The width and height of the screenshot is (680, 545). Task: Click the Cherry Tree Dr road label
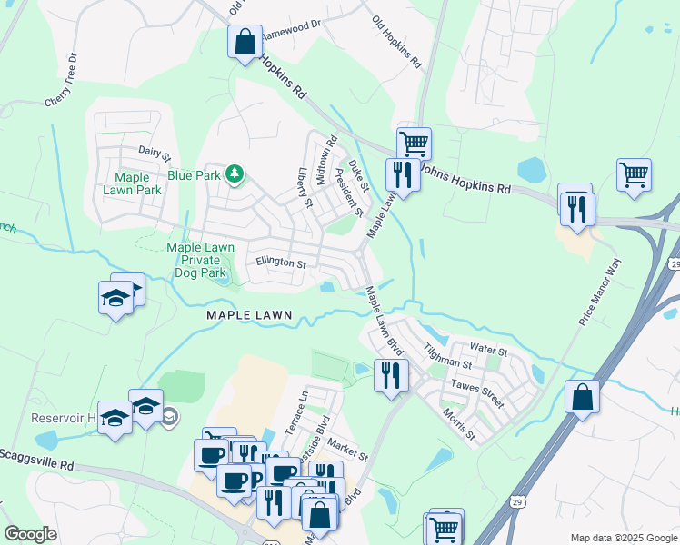[x=62, y=81]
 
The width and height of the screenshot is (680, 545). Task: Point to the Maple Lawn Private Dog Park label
[x=201, y=259]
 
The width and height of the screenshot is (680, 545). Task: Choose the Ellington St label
[x=281, y=263]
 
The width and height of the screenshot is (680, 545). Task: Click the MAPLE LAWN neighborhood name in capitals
[x=249, y=315]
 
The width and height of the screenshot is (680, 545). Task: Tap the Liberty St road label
[x=305, y=186]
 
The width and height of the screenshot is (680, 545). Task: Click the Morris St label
[x=459, y=423]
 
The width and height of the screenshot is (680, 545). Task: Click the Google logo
[x=31, y=533]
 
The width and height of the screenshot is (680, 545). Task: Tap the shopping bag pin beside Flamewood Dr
[x=245, y=42]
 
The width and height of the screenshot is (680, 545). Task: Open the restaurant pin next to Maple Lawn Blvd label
[x=391, y=374]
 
